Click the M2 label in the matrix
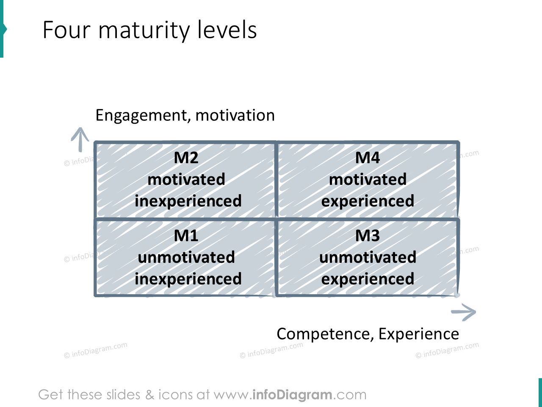click(x=186, y=158)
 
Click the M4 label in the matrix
click(x=368, y=158)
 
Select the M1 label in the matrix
click(x=186, y=236)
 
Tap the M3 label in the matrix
click(x=368, y=236)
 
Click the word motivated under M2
click(x=186, y=179)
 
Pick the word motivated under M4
click(x=368, y=179)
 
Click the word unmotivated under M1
click(x=186, y=257)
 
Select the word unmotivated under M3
click(x=368, y=257)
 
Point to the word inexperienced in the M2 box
click(x=188, y=201)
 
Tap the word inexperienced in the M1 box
click(x=188, y=279)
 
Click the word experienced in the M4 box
click(x=368, y=201)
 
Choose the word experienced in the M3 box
click(x=368, y=279)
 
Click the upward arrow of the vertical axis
click(x=80, y=139)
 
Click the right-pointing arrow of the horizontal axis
click(x=464, y=312)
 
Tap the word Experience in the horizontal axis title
click(x=418, y=334)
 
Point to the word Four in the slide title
click(x=66, y=31)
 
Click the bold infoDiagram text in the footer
click(x=292, y=395)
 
